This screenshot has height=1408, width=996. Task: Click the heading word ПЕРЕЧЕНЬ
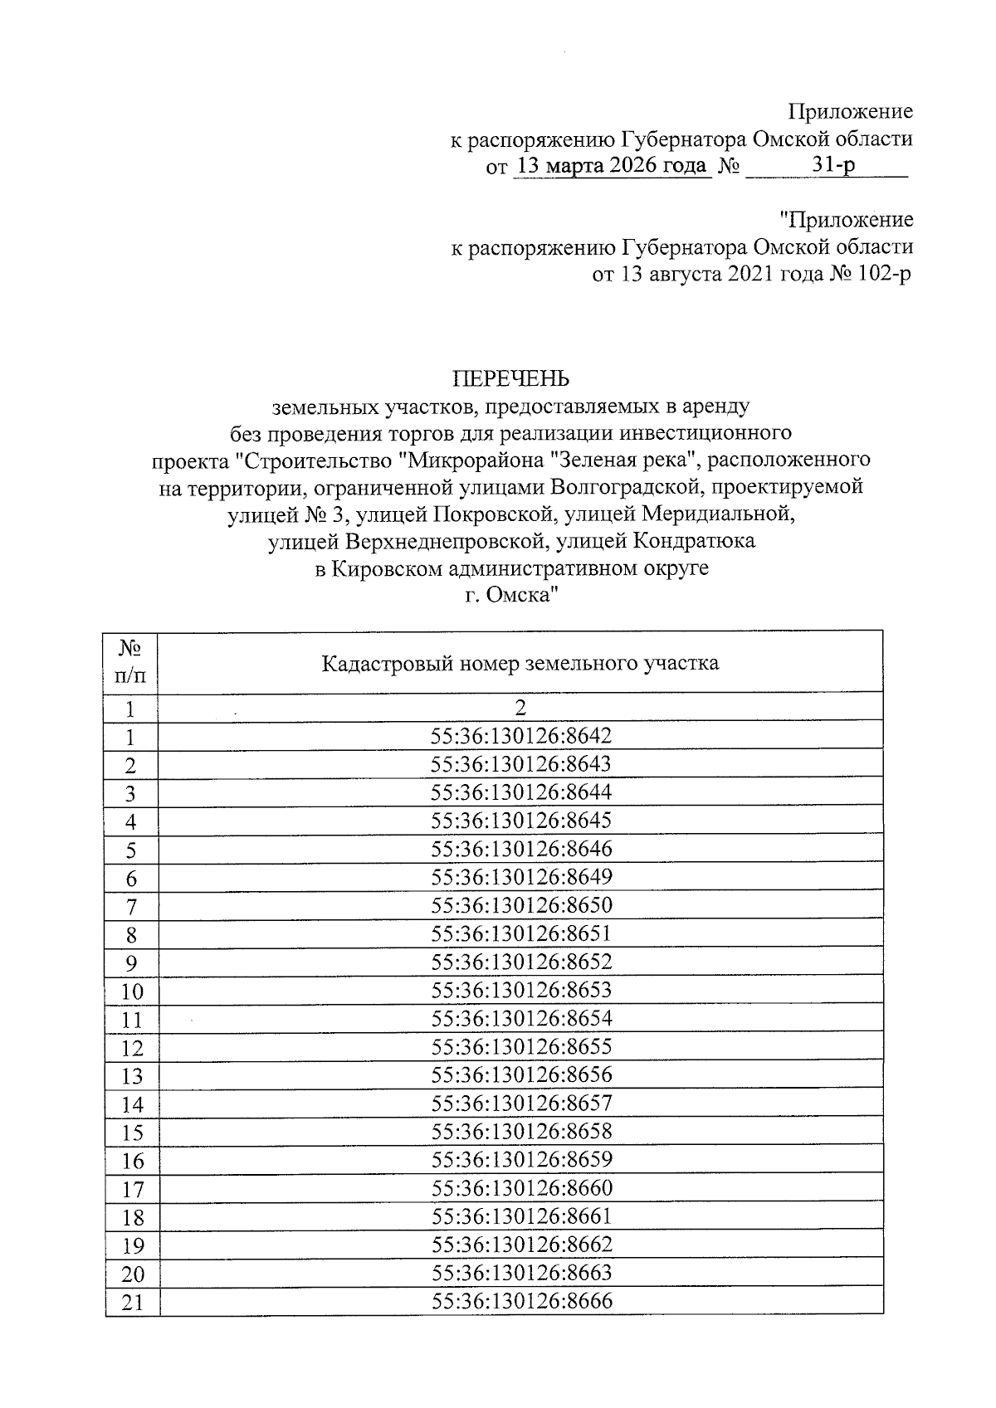point(510,379)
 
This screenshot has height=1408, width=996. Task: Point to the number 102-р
point(881,274)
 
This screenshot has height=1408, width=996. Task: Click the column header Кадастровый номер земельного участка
point(520,663)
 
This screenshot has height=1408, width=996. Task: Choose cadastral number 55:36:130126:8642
point(521,736)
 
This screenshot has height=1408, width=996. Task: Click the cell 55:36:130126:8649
point(521,877)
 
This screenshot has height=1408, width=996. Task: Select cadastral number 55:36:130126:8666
point(521,1300)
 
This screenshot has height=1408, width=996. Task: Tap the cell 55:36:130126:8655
point(521,1046)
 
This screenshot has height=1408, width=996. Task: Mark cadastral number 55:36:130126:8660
point(521,1187)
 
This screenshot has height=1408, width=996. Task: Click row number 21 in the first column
point(132,1303)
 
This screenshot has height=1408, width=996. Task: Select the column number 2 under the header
point(520,708)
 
